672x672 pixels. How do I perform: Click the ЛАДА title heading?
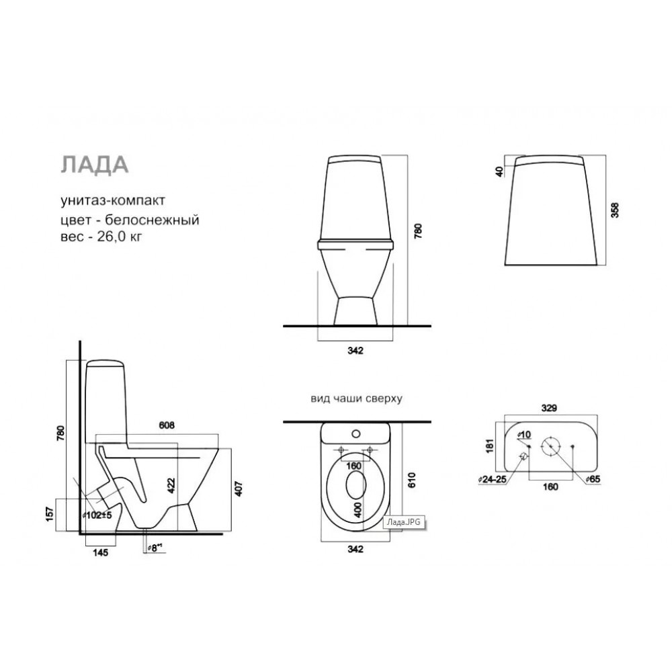[95, 165]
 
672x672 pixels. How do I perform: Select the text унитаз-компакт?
[113, 200]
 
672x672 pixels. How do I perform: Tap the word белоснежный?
[152, 220]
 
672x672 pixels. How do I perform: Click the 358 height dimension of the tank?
[615, 210]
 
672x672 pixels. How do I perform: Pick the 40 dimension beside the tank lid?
[499, 172]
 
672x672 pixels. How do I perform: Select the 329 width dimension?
[549, 408]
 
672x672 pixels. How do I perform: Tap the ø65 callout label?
[593, 479]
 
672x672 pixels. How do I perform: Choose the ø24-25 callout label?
[493, 480]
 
